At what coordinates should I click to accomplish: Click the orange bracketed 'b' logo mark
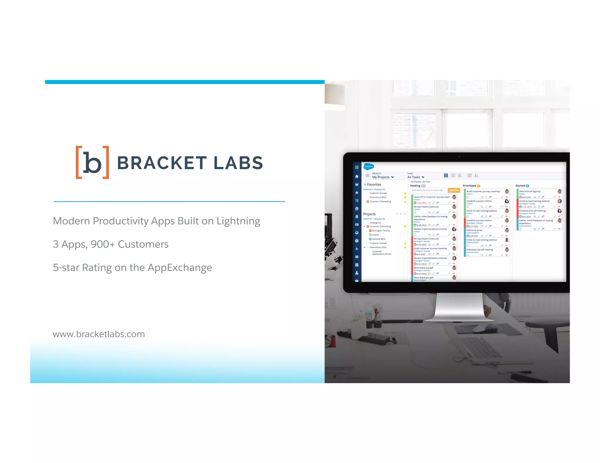(92, 162)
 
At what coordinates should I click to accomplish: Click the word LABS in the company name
(238, 163)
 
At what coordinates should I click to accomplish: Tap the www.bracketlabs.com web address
(99, 334)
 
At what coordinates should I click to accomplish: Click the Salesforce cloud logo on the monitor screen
(369, 167)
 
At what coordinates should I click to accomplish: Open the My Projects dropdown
(383, 177)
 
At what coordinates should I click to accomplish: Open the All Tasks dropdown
(416, 177)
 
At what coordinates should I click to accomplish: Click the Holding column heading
(415, 186)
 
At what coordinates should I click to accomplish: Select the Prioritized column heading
(469, 186)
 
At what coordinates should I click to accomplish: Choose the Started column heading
(520, 186)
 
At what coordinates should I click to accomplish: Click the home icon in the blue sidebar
(357, 176)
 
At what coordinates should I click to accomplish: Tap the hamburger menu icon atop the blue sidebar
(357, 167)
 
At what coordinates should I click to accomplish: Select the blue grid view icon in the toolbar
(446, 176)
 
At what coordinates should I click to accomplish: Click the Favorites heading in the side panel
(374, 184)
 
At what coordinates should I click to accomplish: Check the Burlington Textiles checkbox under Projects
(370, 231)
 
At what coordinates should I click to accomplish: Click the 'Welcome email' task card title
(474, 230)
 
